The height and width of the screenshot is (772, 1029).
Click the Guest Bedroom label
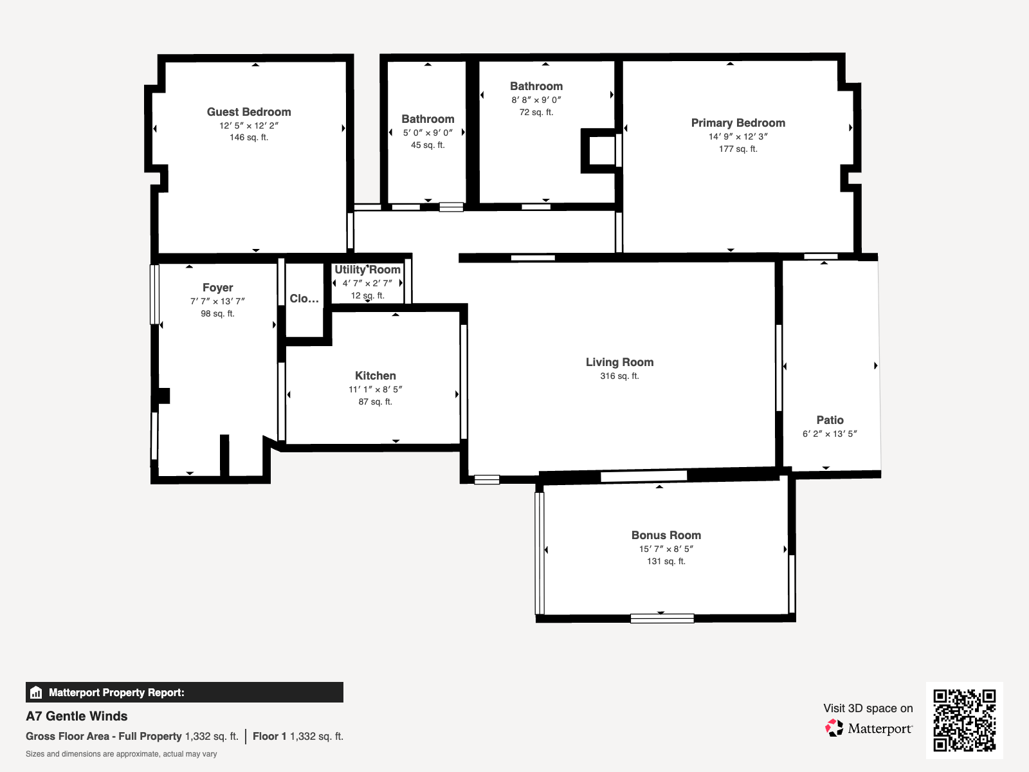tap(249, 112)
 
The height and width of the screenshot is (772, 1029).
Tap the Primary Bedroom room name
tap(738, 123)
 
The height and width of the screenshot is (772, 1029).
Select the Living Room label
tap(619, 362)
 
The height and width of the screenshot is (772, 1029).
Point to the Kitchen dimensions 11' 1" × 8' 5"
tap(375, 389)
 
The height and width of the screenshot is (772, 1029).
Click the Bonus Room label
tap(666, 535)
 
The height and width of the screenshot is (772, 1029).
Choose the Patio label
tap(830, 420)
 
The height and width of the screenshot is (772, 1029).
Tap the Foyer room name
tap(217, 288)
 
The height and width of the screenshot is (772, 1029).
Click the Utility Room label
tap(367, 270)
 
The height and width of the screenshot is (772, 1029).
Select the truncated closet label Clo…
tap(304, 299)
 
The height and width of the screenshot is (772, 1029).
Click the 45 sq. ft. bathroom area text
tap(428, 145)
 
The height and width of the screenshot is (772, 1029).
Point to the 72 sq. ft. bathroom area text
tap(536, 113)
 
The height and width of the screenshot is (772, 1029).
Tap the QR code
tap(964, 721)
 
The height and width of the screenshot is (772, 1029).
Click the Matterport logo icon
tap(833, 728)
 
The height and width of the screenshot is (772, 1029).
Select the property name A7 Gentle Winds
tap(77, 716)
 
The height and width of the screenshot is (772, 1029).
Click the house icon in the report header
tap(36, 692)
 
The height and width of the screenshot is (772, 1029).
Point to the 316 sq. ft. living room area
tap(619, 376)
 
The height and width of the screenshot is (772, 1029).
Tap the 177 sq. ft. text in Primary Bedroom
tap(738, 149)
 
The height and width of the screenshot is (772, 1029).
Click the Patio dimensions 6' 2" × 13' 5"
tap(829, 434)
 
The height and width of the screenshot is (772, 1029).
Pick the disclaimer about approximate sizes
tap(121, 754)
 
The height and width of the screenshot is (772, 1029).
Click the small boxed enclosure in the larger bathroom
tap(599, 151)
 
